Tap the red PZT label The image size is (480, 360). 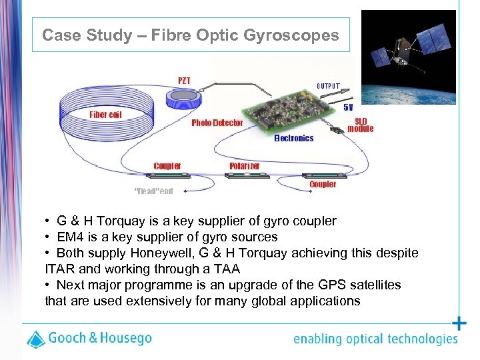click(x=183, y=81)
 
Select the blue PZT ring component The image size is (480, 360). click(x=183, y=100)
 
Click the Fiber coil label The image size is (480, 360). click(x=105, y=115)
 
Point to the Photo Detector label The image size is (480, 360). click(x=217, y=123)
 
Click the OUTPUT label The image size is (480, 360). click(x=328, y=86)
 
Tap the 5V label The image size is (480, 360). click(x=348, y=107)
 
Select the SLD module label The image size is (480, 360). click(x=361, y=125)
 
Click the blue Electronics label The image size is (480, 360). click(x=293, y=138)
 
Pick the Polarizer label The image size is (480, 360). click(x=244, y=165)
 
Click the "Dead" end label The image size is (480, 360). click(x=153, y=191)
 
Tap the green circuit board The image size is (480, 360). click(x=287, y=110)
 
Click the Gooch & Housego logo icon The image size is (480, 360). click(x=35, y=339)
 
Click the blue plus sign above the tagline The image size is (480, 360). click(x=459, y=324)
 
